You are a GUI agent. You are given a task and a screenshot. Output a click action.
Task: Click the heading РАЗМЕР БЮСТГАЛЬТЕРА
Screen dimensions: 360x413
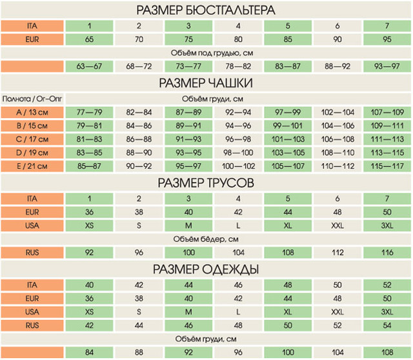tap(206, 10)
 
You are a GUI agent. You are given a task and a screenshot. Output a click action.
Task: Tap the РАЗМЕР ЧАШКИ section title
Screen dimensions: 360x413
tap(206, 83)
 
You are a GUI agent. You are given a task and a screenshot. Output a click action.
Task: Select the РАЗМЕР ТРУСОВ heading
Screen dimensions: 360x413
tap(206, 183)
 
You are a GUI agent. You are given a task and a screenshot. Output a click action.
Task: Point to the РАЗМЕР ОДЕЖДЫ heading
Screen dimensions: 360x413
tap(206, 269)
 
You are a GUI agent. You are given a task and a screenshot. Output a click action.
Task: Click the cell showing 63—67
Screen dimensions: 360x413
tap(90, 66)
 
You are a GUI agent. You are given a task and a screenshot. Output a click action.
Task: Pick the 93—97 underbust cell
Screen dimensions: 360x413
tap(387, 66)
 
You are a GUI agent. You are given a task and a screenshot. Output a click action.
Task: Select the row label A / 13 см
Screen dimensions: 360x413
tap(32, 112)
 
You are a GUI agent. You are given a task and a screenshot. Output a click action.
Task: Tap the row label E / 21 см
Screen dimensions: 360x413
tap(32, 166)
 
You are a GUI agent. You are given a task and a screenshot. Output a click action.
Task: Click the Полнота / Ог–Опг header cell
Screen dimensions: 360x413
tap(32, 99)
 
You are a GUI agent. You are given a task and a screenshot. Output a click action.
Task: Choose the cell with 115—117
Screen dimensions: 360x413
tap(387, 166)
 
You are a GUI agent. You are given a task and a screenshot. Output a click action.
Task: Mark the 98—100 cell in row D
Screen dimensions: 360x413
tap(238, 153)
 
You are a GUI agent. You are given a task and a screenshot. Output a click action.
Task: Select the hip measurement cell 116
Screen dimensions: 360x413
tap(387, 253)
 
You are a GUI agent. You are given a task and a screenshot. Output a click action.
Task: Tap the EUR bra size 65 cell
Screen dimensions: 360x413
tap(90, 39)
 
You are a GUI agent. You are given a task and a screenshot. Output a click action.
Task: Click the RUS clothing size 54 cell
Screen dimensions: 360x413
tap(387, 325)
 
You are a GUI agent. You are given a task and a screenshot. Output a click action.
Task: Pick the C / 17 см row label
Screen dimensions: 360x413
tap(32, 139)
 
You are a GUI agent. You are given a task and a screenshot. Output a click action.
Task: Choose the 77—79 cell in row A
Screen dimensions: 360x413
tap(90, 112)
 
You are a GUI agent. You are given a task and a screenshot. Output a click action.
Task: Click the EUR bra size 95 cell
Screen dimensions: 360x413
tap(387, 39)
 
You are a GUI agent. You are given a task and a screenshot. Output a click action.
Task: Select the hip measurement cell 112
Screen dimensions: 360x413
tap(337, 253)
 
